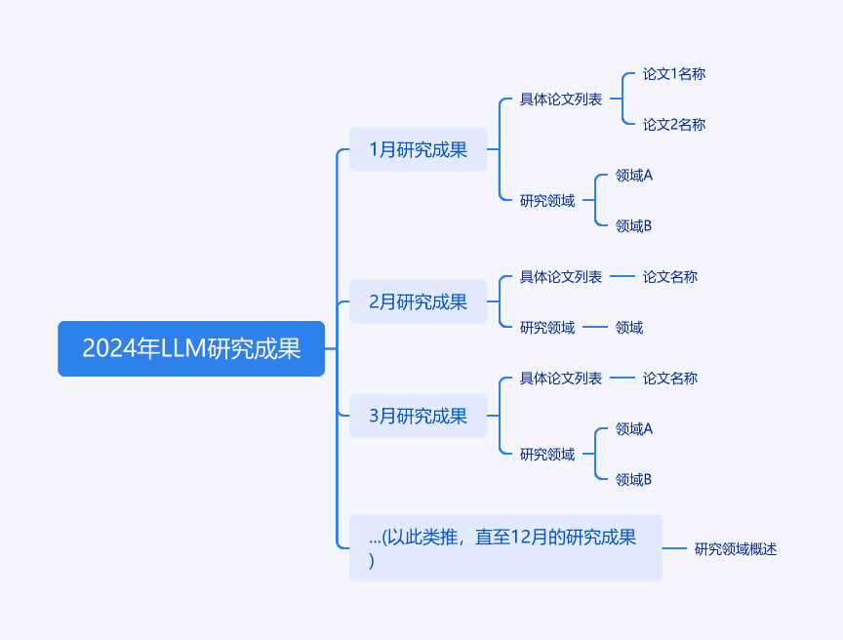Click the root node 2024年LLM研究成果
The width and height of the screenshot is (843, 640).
tap(191, 348)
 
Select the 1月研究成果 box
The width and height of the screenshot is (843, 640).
tap(419, 149)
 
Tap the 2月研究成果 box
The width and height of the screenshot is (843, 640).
tap(419, 301)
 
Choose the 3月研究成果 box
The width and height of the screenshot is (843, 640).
tap(419, 416)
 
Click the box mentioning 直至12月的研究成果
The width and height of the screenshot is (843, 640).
tap(505, 548)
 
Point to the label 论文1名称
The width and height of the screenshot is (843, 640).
tap(674, 73)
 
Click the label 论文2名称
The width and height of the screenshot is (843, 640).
tap(674, 124)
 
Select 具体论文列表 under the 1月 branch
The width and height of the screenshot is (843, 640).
tap(561, 99)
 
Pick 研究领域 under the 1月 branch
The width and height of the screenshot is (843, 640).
tap(547, 200)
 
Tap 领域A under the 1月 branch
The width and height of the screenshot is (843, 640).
tap(634, 176)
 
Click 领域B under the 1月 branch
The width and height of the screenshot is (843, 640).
tap(633, 225)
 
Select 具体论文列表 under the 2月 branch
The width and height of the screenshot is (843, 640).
tap(561, 277)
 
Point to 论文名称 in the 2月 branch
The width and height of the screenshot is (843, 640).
tap(670, 277)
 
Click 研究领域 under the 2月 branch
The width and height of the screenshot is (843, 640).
tap(547, 327)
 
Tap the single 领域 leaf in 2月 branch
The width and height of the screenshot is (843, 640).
tap(629, 327)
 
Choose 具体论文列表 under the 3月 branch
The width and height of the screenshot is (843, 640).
tap(561, 379)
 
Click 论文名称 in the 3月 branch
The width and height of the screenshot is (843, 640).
tap(670, 379)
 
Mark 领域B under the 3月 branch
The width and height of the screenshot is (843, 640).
tap(633, 479)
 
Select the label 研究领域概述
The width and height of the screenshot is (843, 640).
tap(736, 548)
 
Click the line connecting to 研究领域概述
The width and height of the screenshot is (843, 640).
tap(674, 548)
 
